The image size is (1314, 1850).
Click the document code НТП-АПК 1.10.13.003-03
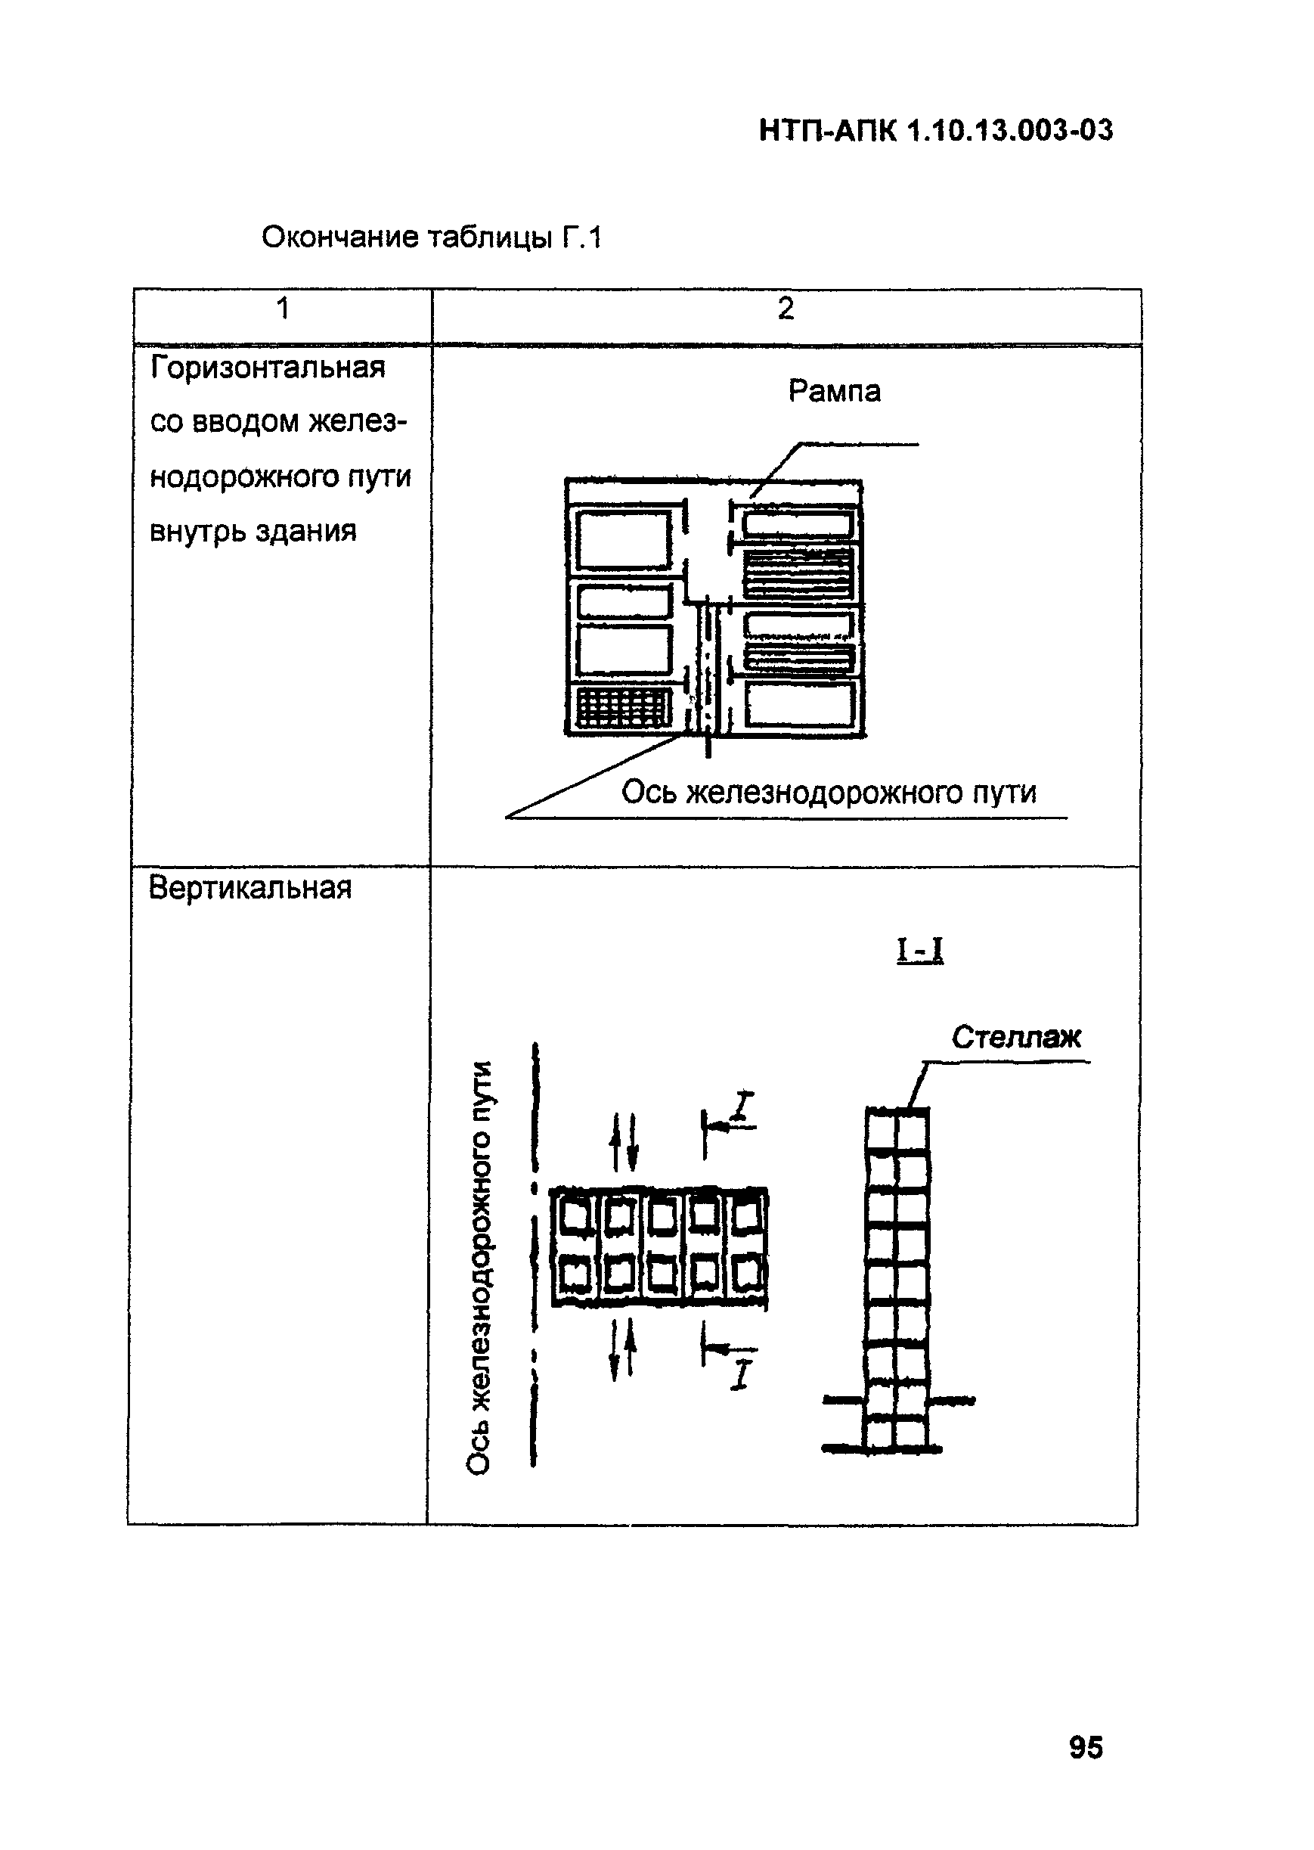click(x=936, y=130)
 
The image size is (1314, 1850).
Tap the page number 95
click(x=1086, y=1747)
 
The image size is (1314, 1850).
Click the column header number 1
click(x=282, y=309)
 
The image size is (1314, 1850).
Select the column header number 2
click(x=785, y=309)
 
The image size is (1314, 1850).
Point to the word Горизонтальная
click(x=268, y=368)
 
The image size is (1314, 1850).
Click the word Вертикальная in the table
click(x=250, y=889)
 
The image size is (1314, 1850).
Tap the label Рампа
click(x=834, y=392)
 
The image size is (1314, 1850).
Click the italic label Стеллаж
click(x=1015, y=1038)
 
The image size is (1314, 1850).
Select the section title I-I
click(x=920, y=949)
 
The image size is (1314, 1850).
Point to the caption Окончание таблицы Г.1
click(x=432, y=238)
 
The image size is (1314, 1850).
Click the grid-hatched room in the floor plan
click(x=623, y=707)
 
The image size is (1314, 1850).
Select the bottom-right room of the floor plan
click(x=799, y=704)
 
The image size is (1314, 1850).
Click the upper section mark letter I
click(x=744, y=1109)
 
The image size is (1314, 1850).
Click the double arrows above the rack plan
click(x=624, y=1141)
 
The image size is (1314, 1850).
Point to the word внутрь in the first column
click(x=197, y=532)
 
